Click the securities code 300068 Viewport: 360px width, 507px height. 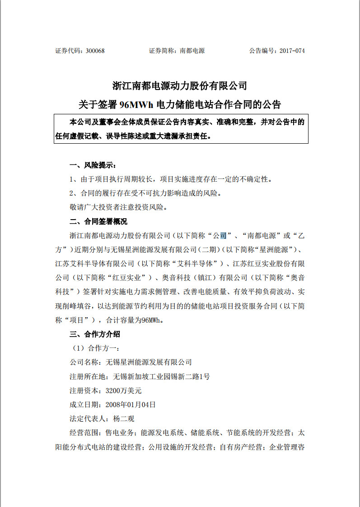point(95,51)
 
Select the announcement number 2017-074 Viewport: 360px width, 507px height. point(292,51)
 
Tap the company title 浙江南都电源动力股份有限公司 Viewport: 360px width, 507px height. point(180,85)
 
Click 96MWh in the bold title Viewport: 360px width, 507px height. point(137,105)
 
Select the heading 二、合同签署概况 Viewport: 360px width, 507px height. point(98,221)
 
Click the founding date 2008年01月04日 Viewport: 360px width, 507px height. point(131,404)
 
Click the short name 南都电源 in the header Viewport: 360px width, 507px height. point(192,51)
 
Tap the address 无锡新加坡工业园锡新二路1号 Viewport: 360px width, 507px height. point(161,376)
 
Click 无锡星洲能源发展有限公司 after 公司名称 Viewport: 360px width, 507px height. point(149,362)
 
